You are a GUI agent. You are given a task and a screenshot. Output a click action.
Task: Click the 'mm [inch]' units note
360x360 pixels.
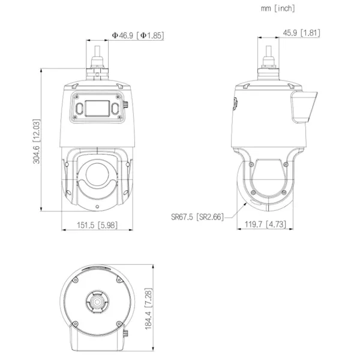[278, 8]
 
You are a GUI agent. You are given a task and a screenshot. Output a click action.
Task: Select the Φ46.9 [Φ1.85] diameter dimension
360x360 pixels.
[137, 36]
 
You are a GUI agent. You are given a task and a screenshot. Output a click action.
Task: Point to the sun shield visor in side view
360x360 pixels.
[303, 108]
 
